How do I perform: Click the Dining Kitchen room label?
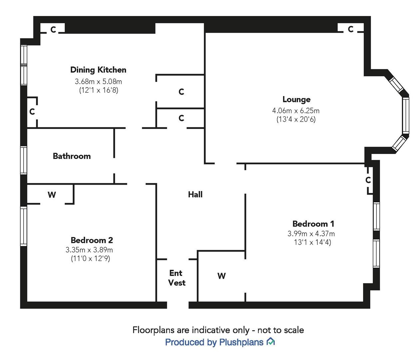(x=98, y=70)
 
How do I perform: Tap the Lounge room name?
(x=296, y=100)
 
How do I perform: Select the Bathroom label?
(x=72, y=156)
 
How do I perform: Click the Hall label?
(x=195, y=195)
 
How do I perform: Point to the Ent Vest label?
(x=177, y=278)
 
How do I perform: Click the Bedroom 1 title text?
(x=313, y=224)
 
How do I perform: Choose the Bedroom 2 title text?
(x=92, y=240)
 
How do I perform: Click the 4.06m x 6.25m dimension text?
(x=296, y=111)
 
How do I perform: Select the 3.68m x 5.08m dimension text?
(x=98, y=81)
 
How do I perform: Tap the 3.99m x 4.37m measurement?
(x=311, y=234)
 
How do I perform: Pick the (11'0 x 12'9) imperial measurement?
(x=90, y=258)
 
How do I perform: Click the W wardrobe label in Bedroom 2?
(x=52, y=195)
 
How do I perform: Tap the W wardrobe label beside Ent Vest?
(x=221, y=276)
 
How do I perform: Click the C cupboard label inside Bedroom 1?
(x=368, y=180)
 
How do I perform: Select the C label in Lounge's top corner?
(x=350, y=29)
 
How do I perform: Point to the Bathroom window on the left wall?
(x=24, y=160)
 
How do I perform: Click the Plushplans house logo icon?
(x=271, y=342)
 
